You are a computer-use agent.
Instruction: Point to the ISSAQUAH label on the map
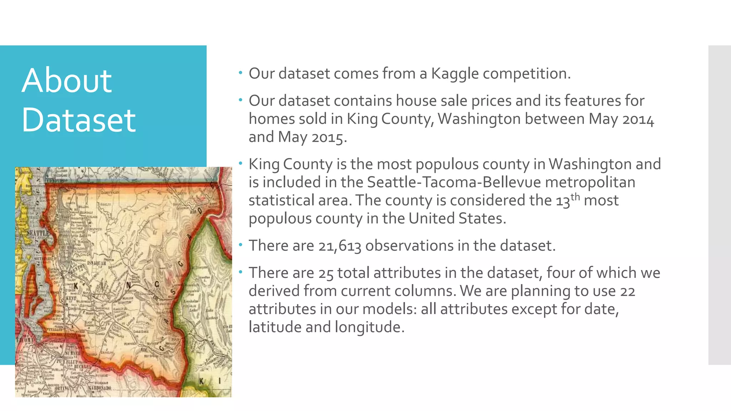pos(97,263)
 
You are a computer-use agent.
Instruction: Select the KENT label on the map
pos(71,298)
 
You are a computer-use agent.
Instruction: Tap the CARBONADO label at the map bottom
pos(100,387)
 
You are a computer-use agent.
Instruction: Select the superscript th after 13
pos(575,197)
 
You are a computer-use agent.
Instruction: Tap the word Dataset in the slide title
pos(79,120)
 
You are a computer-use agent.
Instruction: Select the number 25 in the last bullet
pos(326,273)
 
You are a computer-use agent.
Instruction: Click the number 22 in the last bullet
pos(627,291)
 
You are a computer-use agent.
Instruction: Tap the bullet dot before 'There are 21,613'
pos(241,245)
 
